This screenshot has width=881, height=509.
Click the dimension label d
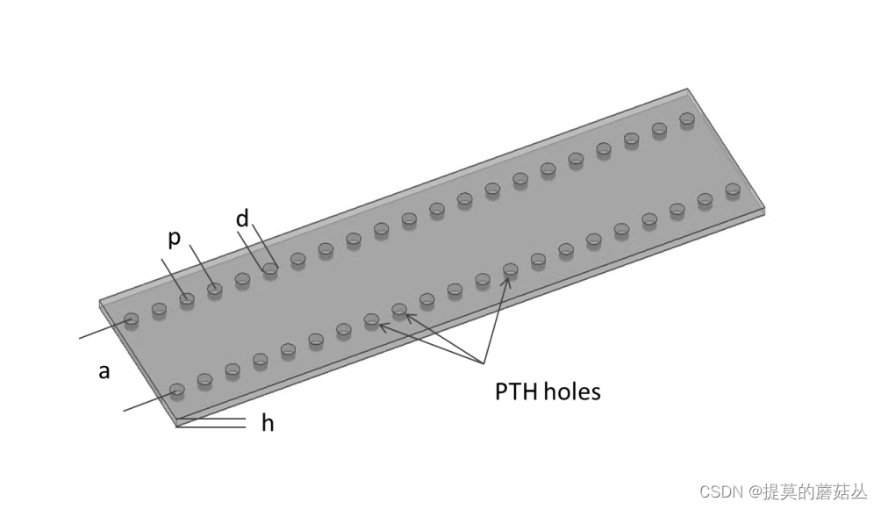(x=242, y=219)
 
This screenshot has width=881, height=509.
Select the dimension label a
(x=104, y=371)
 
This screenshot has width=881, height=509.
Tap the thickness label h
(x=268, y=424)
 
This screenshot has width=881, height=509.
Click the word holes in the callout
(x=572, y=391)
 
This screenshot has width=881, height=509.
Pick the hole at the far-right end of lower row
(x=733, y=190)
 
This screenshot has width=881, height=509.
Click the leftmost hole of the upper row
(x=132, y=319)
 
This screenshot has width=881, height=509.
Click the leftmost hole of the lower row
(x=177, y=389)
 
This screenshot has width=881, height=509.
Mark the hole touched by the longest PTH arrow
(x=510, y=269)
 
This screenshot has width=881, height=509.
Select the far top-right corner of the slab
(x=688, y=90)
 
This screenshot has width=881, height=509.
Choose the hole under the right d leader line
(x=270, y=269)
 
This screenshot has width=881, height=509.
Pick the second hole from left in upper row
(x=159, y=309)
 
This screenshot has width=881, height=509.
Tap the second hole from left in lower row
(x=204, y=379)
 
